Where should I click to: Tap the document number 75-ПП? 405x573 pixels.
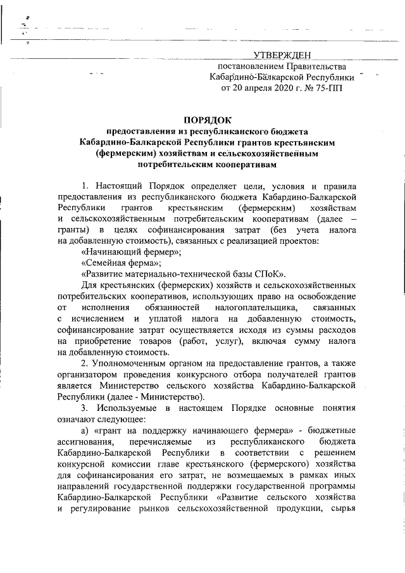pyautogui.click(x=328, y=88)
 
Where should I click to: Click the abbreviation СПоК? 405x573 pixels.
pyautogui.click(x=270, y=274)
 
